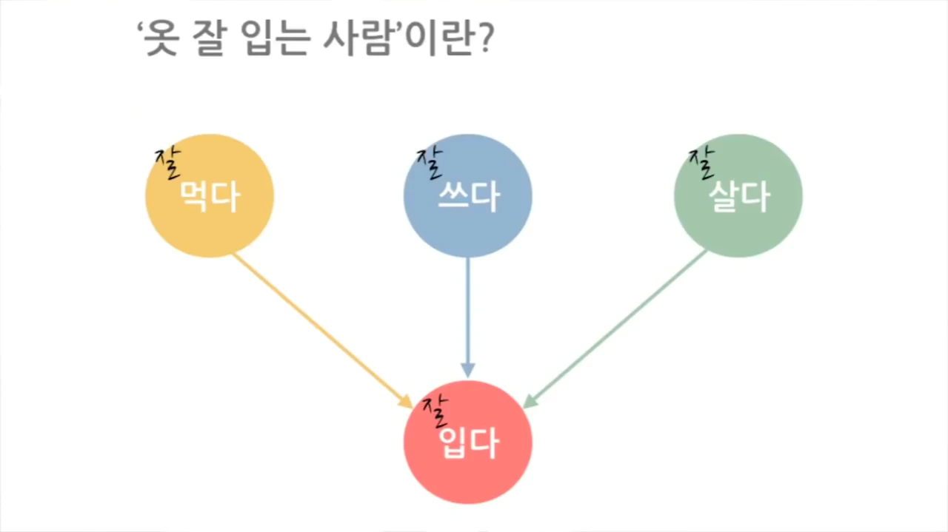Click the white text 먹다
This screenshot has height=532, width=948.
tap(210, 196)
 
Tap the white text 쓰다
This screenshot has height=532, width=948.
tap(467, 196)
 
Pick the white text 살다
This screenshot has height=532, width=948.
tap(738, 196)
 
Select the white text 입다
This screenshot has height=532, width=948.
tap(470, 444)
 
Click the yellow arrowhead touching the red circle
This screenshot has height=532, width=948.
tap(406, 401)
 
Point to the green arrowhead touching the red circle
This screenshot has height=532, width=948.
tap(530, 400)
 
